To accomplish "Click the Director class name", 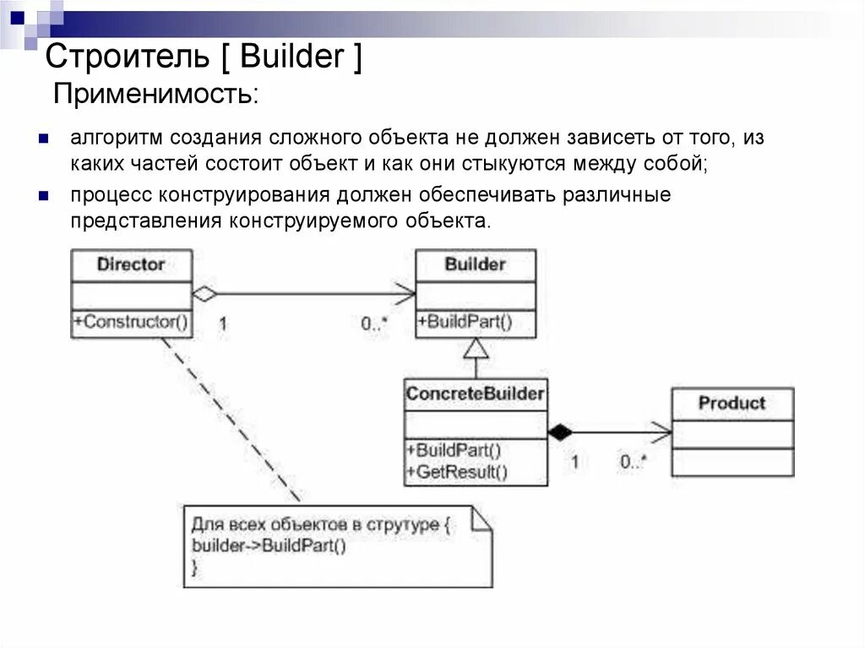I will [x=131, y=264].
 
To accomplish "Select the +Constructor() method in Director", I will [x=131, y=322].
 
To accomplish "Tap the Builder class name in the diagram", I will [x=475, y=264].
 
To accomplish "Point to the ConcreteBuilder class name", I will [x=475, y=394].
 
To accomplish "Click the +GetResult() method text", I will [x=457, y=472].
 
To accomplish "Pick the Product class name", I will [x=732, y=403].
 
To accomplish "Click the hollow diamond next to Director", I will [x=204, y=294].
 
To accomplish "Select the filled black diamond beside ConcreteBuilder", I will [x=559, y=432].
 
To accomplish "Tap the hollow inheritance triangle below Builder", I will [x=476, y=347].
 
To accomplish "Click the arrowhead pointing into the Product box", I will [x=663, y=432].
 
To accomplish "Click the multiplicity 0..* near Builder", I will [x=374, y=324].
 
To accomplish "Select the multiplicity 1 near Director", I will [x=223, y=324].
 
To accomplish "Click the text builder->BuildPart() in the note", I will [x=269, y=545].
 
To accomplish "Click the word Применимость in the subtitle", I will [x=156, y=93].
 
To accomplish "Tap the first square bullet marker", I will [x=44, y=138].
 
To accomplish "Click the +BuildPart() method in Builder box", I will [x=464, y=322].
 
